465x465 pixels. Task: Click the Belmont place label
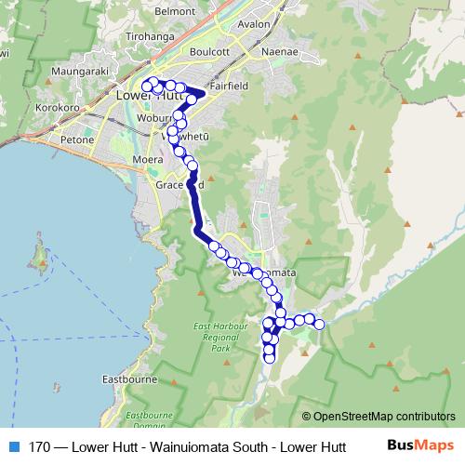coord(176,11)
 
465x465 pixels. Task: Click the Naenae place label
coord(280,52)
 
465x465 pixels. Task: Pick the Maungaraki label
coord(82,70)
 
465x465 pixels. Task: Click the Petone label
coord(76,139)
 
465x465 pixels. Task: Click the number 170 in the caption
coord(38,446)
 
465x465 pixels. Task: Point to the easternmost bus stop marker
coord(319,324)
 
